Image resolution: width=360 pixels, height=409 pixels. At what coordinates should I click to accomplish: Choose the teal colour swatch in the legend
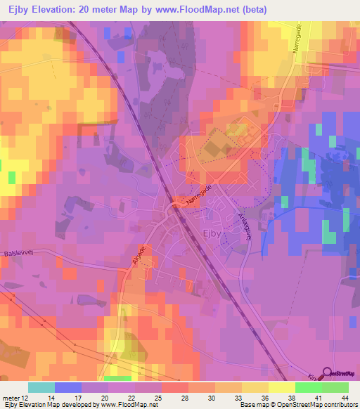[41, 387]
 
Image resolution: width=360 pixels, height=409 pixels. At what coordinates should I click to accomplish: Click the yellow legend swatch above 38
[282, 387]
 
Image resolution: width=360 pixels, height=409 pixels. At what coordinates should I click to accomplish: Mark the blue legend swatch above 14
[68, 387]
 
